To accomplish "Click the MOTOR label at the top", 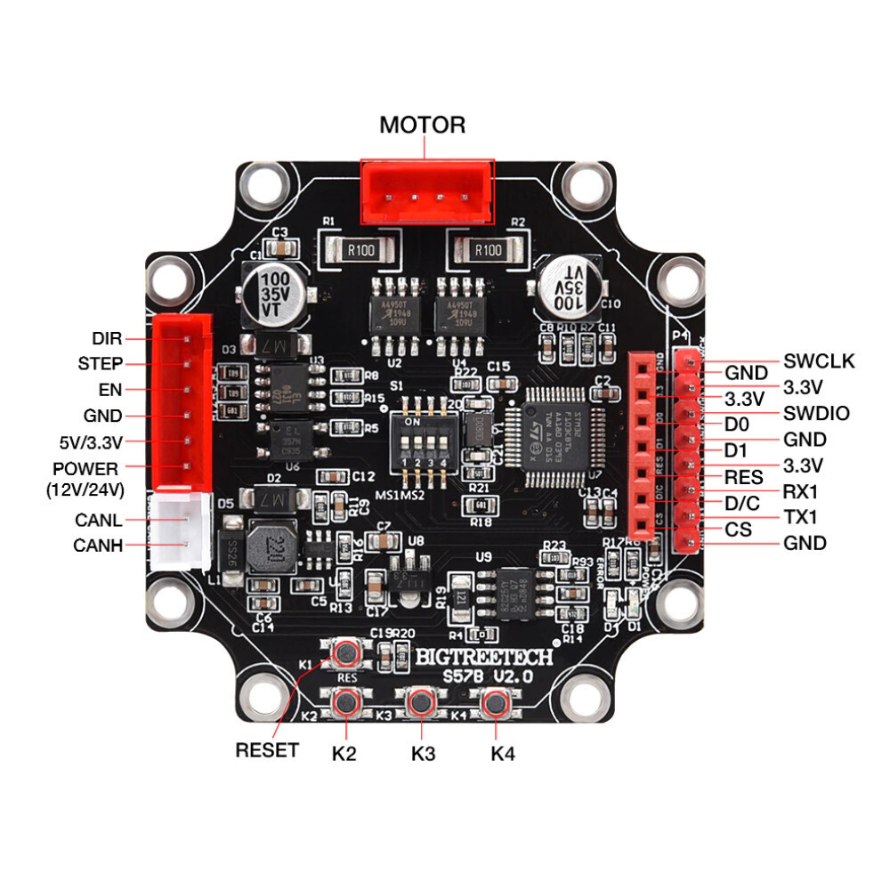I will point(422,125).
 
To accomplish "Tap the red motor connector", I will point(426,191).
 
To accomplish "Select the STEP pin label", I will point(100,364).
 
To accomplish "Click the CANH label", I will point(98,546).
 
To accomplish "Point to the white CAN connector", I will point(181,531).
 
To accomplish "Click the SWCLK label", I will point(819,361).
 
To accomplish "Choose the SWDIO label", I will point(816,413).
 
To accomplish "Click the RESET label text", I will point(267,750).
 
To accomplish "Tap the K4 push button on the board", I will point(493,704).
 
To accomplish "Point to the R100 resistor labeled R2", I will point(489,250).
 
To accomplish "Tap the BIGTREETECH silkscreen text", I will point(485,657).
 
